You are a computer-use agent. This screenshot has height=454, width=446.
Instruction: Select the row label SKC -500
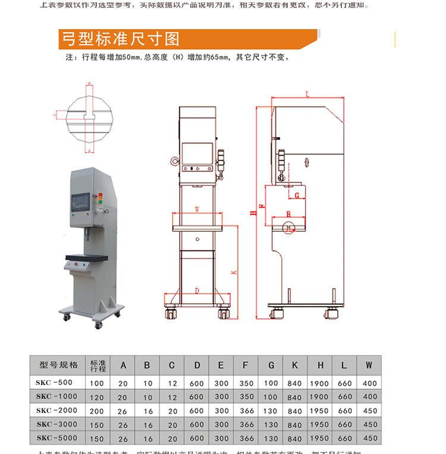coord(55,383)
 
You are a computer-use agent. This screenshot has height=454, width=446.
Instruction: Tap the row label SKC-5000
coord(55,439)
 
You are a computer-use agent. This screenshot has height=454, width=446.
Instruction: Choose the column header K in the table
coord(295,365)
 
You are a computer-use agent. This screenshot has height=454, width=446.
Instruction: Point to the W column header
coord(369,365)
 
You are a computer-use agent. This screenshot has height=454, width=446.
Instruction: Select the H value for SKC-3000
coord(319,425)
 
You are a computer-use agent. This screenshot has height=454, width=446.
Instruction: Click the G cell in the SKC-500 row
coord(271,383)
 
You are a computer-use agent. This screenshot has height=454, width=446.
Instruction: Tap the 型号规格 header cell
coord(58,365)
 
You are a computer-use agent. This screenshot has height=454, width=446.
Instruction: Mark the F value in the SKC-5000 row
coord(246,439)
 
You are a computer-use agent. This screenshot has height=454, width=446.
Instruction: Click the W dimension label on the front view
coord(197,209)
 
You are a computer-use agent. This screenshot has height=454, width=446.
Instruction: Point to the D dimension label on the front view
coord(197,291)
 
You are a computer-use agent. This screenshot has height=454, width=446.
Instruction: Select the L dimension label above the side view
coord(307,94)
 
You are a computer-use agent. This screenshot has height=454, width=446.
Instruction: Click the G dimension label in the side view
coord(296,194)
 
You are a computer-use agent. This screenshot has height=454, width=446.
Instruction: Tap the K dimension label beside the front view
coord(234,272)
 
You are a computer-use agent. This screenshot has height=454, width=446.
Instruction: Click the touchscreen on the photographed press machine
coord(81,203)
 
